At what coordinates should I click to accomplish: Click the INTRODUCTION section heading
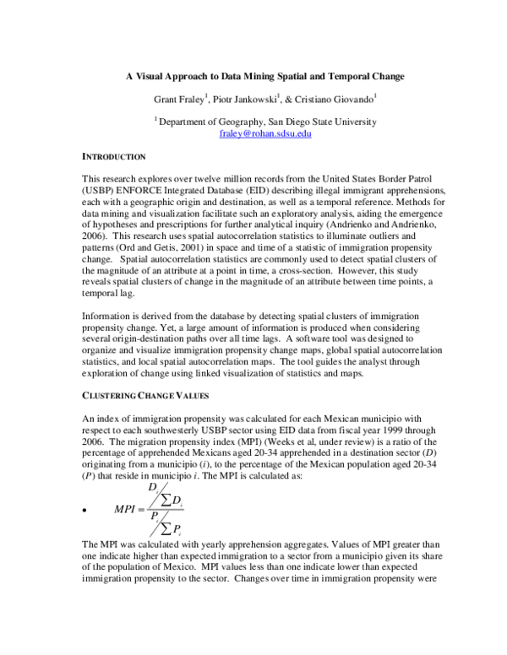click(114, 157)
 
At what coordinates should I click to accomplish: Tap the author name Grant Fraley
click(180, 100)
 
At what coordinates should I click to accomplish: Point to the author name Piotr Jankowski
click(246, 100)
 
